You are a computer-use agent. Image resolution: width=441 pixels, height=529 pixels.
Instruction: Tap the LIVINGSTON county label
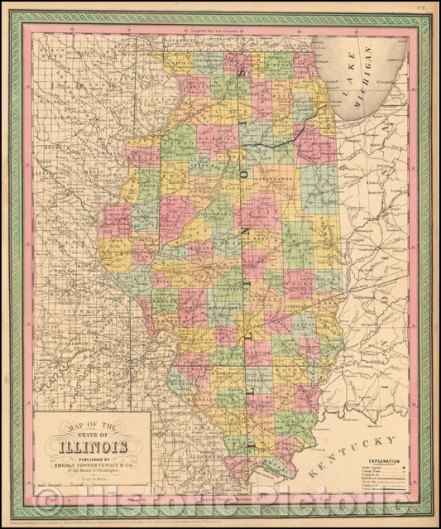280,177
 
